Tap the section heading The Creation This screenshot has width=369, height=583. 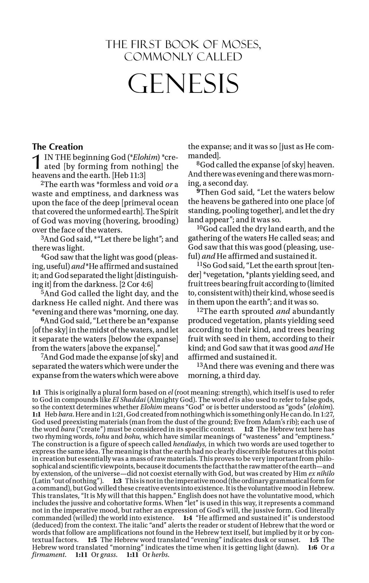pos(57,147)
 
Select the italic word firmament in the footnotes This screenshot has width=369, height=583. pos(49,555)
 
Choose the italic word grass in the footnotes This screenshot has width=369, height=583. pos(109,555)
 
